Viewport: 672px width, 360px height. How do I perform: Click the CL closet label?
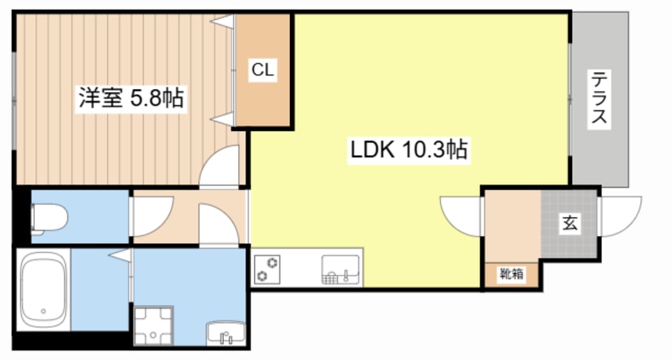click(x=263, y=69)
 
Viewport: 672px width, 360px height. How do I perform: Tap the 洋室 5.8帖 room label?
click(x=131, y=98)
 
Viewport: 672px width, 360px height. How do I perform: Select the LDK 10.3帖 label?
click(x=409, y=149)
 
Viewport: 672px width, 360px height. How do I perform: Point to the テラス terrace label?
click(x=599, y=98)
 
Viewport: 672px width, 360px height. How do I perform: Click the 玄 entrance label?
click(x=570, y=223)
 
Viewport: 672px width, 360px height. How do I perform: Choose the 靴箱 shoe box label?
click(x=512, y=273)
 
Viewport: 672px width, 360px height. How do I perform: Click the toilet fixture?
click(x=49, y=219)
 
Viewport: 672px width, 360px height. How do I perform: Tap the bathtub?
click(x=43, y=289)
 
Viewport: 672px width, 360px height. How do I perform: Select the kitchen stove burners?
click(x=268, y=269)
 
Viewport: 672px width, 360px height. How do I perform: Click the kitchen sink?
click(x=341, y=269)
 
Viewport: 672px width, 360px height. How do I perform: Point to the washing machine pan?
click(x=153, y=325)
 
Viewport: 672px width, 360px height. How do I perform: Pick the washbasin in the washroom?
click(x=226, y=332)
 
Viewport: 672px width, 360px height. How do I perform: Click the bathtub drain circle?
click(x=43, y=312)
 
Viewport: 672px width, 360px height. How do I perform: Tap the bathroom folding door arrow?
click(x=121, y=255)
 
